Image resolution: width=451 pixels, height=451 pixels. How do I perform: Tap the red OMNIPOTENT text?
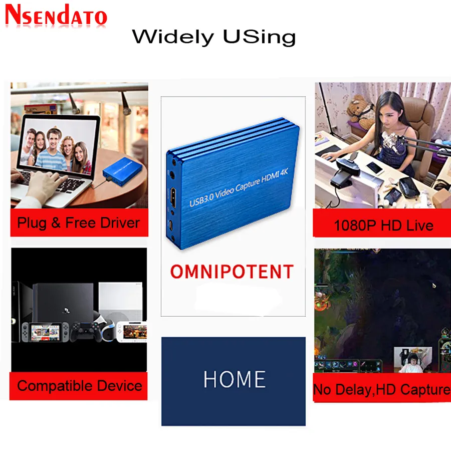pos(232,272)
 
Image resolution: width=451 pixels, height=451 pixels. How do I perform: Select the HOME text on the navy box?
pos(235,379)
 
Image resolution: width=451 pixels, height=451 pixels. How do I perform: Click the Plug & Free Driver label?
pos(79,223)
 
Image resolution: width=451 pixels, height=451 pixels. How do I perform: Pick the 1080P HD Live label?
pos(383,225)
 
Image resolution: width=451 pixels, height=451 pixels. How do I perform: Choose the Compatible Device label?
pos(79,386)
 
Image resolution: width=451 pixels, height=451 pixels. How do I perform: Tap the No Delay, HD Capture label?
pos(382,389)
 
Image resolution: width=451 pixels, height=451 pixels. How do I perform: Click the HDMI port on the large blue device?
pos(173,197)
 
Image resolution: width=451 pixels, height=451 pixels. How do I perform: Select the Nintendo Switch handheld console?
pos(46,333)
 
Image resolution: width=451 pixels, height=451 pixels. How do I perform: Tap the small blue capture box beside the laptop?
pos(123,172)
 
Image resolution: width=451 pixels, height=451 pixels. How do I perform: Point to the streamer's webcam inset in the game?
pos(413,359)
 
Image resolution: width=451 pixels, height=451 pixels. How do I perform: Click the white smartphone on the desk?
pos(375,168)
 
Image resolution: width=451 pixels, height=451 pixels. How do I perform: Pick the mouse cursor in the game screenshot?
pos(434,285)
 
